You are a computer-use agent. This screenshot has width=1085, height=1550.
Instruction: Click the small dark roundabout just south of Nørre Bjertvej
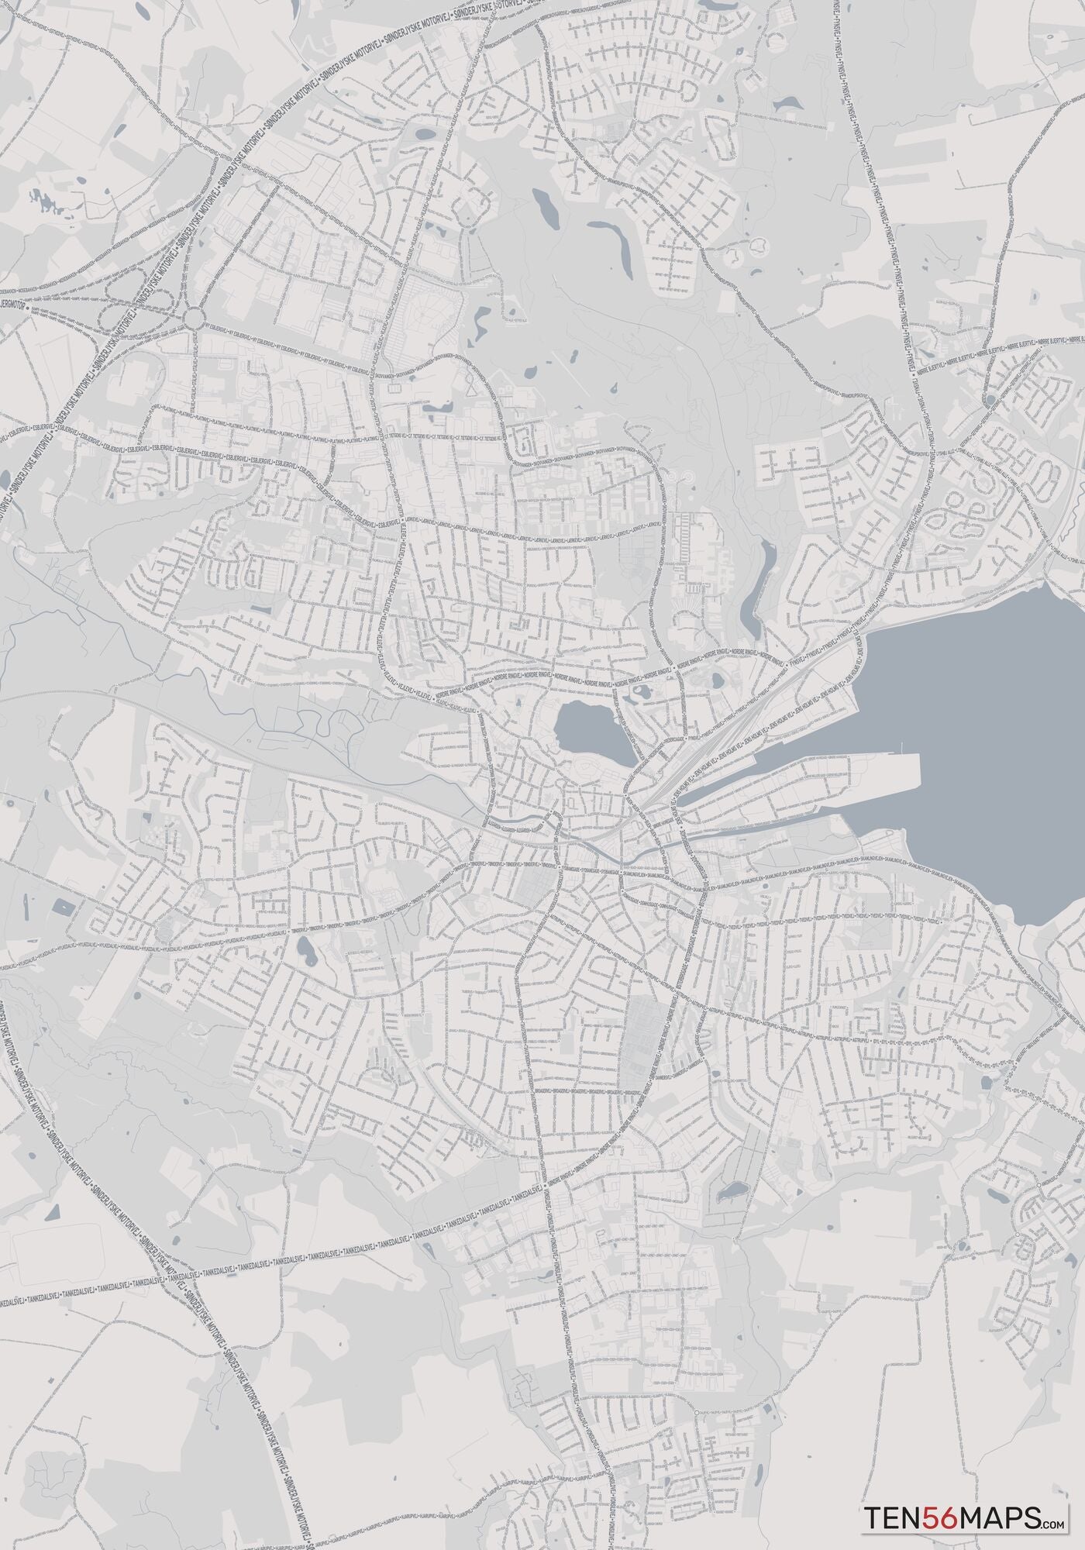[x=990, y=400]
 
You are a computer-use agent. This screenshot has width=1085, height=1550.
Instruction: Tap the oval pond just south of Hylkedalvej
[x=305, y=946]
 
